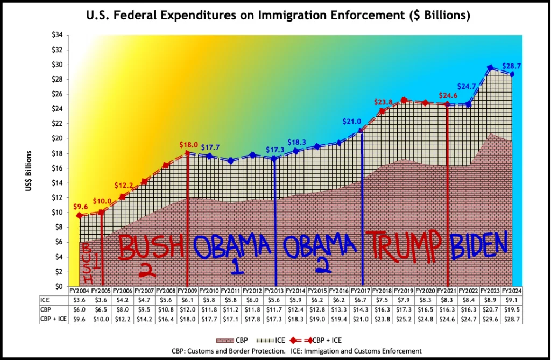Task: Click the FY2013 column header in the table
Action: tap(274, 291)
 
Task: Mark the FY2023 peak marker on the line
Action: tap(490, 68)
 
